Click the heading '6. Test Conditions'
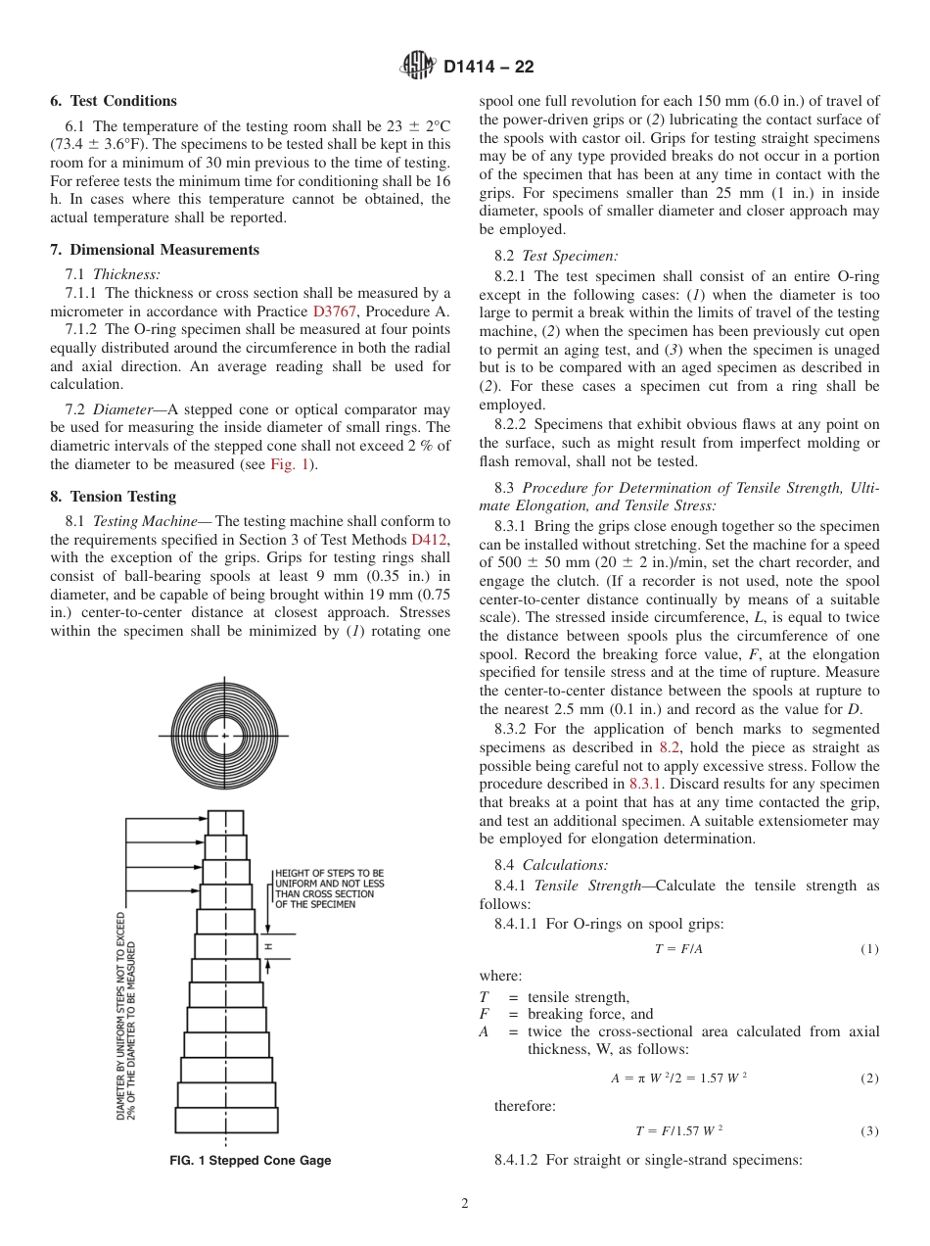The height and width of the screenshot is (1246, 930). point(114,101)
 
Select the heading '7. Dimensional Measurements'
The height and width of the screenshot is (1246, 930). point(155,250)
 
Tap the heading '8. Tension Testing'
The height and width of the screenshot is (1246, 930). point(114,497)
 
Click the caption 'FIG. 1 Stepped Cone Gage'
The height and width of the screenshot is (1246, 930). point(251,1160)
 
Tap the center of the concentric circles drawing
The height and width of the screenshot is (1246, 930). point(225,735)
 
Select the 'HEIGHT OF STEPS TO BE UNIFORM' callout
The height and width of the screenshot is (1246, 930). point(329,888)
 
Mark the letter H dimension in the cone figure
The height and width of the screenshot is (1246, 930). point(267,947)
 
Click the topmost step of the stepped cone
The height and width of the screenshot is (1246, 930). point(225,822)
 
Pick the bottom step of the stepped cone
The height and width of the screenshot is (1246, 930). point(226,1120)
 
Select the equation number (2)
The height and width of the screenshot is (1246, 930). point(869,1078)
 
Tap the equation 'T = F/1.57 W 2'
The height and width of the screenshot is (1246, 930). point(678,1130)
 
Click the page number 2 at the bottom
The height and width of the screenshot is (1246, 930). point(465,1204)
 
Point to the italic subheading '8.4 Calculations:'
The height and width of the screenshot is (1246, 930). point(551,864)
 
